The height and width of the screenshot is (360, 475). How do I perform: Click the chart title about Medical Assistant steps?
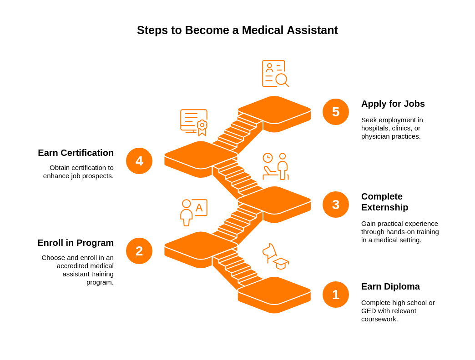pos(237,30)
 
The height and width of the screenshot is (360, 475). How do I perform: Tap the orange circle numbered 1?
pos(336,295)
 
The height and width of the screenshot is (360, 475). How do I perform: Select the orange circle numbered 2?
pos(139,251)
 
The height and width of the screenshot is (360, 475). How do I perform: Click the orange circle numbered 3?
pos(336,205)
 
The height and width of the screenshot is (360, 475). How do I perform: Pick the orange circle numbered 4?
pos(139,161)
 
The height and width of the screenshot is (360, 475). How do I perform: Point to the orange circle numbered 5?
pos(336,112)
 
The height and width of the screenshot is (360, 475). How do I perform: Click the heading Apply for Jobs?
pos(393,104)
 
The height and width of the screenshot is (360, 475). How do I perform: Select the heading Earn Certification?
pos(76,153)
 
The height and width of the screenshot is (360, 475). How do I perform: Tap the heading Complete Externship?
pos(384,202)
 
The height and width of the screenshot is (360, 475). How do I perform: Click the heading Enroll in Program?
pos(76,243)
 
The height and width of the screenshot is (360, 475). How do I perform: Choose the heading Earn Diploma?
pos(390,286)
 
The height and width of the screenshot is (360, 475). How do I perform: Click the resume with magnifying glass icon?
pos(275,74)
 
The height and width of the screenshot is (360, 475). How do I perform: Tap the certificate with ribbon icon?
pos(194,122)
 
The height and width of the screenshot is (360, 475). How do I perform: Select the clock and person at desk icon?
pos(276,166)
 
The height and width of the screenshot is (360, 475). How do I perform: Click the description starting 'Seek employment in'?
pos(392,128)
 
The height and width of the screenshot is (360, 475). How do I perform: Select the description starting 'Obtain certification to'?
pos(79,172)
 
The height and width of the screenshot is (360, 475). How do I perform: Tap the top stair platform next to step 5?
pos(274,110)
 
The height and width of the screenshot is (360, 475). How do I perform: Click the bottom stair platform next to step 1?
pos(274,291)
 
